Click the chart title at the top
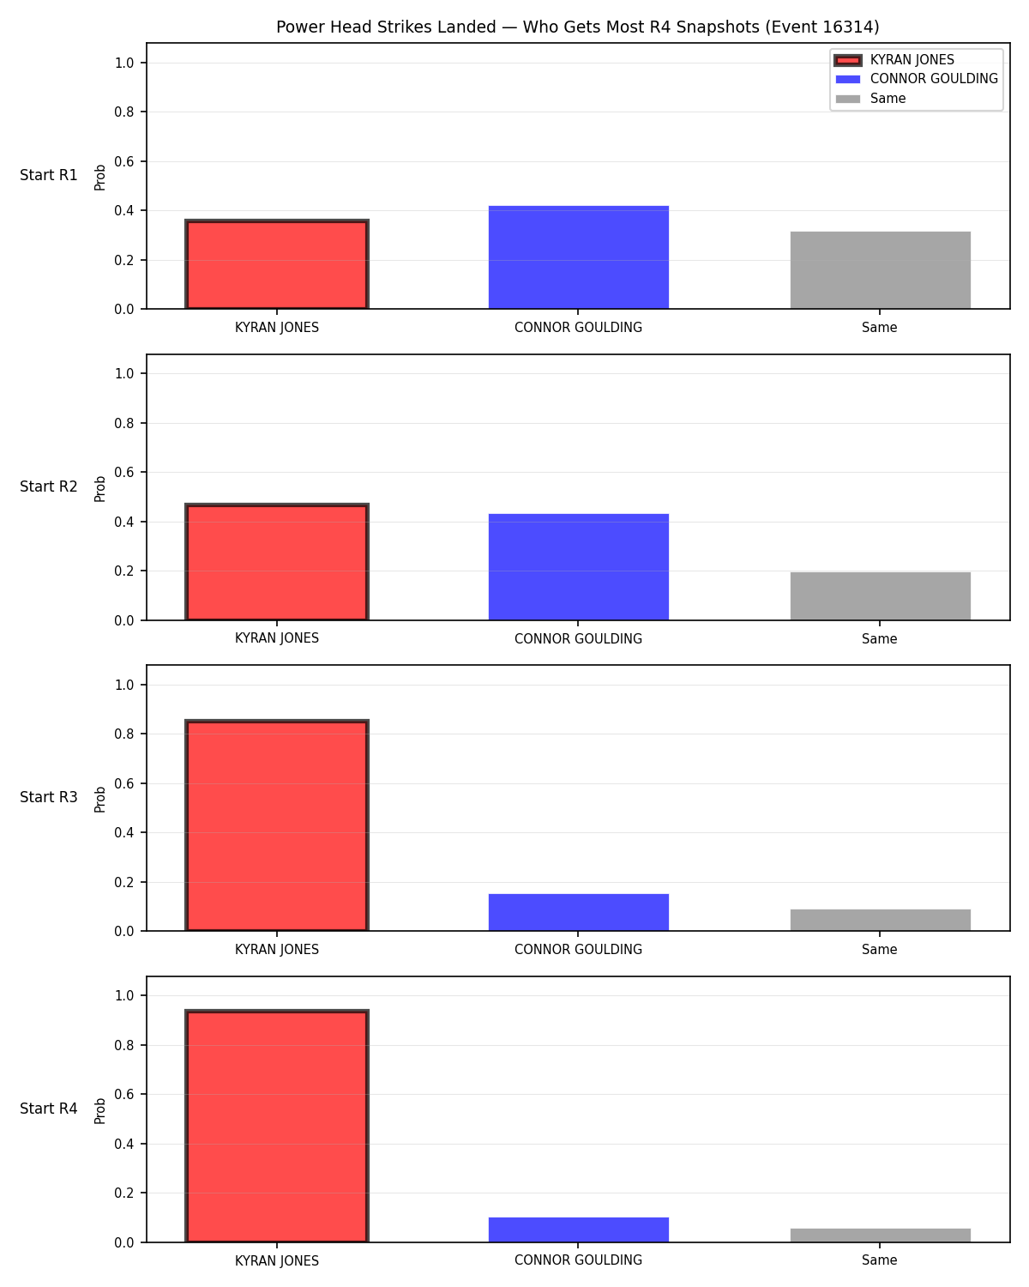coord(578,27)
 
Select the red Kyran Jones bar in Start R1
coord(277,263)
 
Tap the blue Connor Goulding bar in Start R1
coord(578,257)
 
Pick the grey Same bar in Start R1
coord(880,269)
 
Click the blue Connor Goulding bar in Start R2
coord(578,567)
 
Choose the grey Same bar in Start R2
coord(880,596)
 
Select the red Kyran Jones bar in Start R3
coord(277,825)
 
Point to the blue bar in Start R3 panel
coord(578,913)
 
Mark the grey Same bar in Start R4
coord(880,1236)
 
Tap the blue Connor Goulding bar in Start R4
coord(578,1230)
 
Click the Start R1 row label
coord(48,175)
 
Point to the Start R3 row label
coord(48,797)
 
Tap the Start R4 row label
coord(48,1109)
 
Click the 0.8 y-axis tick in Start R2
coord(123,423)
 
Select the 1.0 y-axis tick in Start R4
coord(123,996)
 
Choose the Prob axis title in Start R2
coord(99,488)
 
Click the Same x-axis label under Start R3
coord(879,950)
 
